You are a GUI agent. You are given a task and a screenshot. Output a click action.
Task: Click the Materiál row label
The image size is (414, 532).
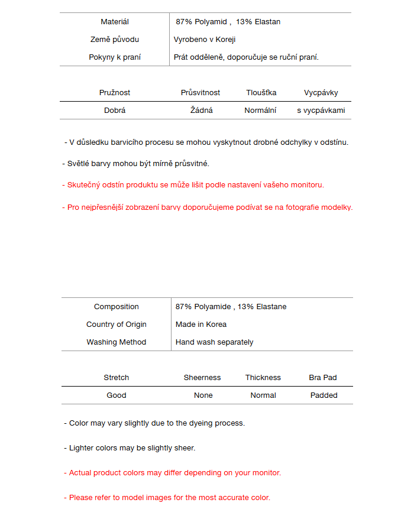115,22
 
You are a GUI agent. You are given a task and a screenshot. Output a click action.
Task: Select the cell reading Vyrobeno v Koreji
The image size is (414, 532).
205,40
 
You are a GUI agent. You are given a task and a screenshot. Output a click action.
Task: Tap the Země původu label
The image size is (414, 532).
115,40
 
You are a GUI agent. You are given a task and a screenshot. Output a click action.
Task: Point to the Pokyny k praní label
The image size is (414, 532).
115,57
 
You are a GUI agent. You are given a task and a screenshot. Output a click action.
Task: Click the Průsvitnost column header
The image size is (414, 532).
200,93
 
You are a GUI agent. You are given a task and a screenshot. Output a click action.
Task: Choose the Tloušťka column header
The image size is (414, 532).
261,93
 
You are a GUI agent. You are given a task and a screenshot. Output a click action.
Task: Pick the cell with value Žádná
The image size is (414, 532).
202,111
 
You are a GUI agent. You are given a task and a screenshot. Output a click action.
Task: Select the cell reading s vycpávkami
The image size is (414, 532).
321,111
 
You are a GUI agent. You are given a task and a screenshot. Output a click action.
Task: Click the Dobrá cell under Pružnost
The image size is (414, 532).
115,111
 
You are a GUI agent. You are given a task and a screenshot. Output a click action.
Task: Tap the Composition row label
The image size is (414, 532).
117,307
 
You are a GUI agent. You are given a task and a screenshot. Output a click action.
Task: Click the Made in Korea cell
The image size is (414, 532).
201,325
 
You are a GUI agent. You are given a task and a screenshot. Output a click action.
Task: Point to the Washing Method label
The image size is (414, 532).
117,342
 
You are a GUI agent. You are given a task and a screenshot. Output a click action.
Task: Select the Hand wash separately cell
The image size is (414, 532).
215,342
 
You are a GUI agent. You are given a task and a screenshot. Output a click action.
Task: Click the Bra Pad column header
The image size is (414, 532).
323,378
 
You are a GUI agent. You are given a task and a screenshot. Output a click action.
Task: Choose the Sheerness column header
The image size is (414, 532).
202,378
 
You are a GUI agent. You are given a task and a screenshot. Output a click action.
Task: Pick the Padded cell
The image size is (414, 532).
324,395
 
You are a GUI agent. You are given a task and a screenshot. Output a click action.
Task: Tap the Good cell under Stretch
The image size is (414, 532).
117,395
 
